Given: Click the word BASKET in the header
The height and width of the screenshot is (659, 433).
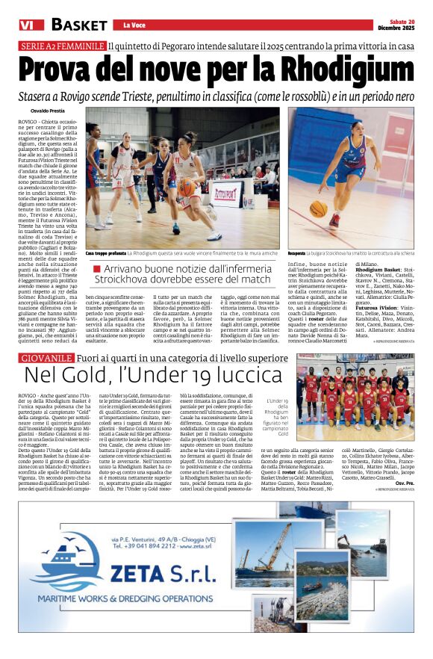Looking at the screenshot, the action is (78, 25).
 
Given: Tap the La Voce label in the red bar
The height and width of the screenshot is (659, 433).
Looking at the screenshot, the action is (134, 25).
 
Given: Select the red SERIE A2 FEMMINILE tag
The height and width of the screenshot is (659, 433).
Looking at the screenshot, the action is (63, 46).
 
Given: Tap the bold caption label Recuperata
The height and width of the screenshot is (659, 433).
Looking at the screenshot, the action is (302, 253).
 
